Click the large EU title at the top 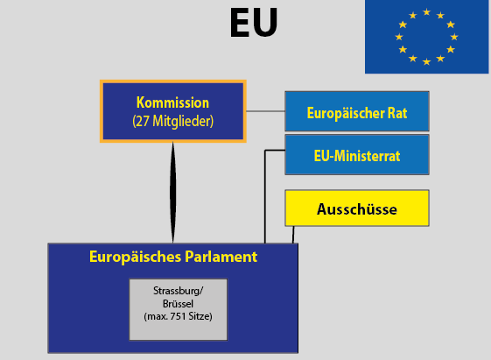(x=254, y=23)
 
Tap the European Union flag (x=426, y=37)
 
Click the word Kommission (x=172, y=102)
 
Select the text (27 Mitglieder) (x=172, y=121)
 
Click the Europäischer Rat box (x=357, y=111)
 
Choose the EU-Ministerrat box (x=357, y=155)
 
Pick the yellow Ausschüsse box (x=357, y=208)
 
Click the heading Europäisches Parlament (x=173, y=257)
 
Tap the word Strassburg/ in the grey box (x=179, y=291)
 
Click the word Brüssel (x=178, y=304)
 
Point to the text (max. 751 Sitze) (x=179, y=316)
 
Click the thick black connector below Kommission (x=172, y=193)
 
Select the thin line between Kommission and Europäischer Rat (x=265, y=111)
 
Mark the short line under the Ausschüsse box (x=293, y=235)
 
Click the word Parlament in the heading (x=221, y=257)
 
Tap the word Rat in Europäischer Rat (x=397, y=113)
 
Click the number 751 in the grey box (x=179, y=316)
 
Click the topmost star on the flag (x=426, y=12)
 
